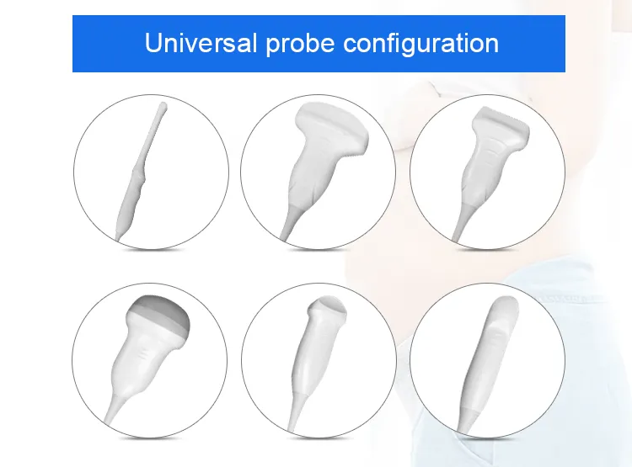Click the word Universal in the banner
coord(197,42)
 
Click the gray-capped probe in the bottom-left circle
coord(147,353)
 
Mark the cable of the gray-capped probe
coord(111,413)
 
